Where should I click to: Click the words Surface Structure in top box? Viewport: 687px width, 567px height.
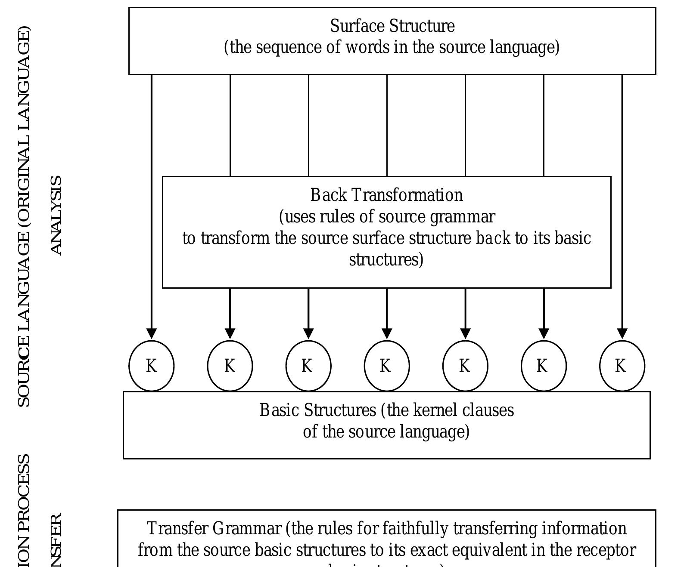tap(392, 26)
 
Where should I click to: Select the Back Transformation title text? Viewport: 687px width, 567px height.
tap(386, 195)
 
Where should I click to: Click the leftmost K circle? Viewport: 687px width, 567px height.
tap(152, 366)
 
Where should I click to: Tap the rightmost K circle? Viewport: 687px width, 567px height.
tap(622, 366)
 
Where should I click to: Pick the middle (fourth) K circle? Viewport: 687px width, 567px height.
tap(387, 366)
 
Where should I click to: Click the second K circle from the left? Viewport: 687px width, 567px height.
tap(230, 366)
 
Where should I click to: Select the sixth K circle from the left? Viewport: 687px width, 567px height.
tap(544, 366)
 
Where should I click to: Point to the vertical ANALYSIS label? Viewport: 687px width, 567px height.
tap(56, 216)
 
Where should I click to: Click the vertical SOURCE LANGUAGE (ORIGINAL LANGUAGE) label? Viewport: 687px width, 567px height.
tap(24, 217)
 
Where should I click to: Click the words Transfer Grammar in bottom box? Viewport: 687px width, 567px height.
tap(214, 529)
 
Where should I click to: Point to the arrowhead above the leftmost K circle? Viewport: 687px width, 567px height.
tap(152, 333)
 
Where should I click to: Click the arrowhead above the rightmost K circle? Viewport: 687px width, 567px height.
tap(622, 333)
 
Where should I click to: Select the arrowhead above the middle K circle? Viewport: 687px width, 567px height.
tap(387, 333)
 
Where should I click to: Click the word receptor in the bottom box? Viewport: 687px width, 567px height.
tap(612, 550)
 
